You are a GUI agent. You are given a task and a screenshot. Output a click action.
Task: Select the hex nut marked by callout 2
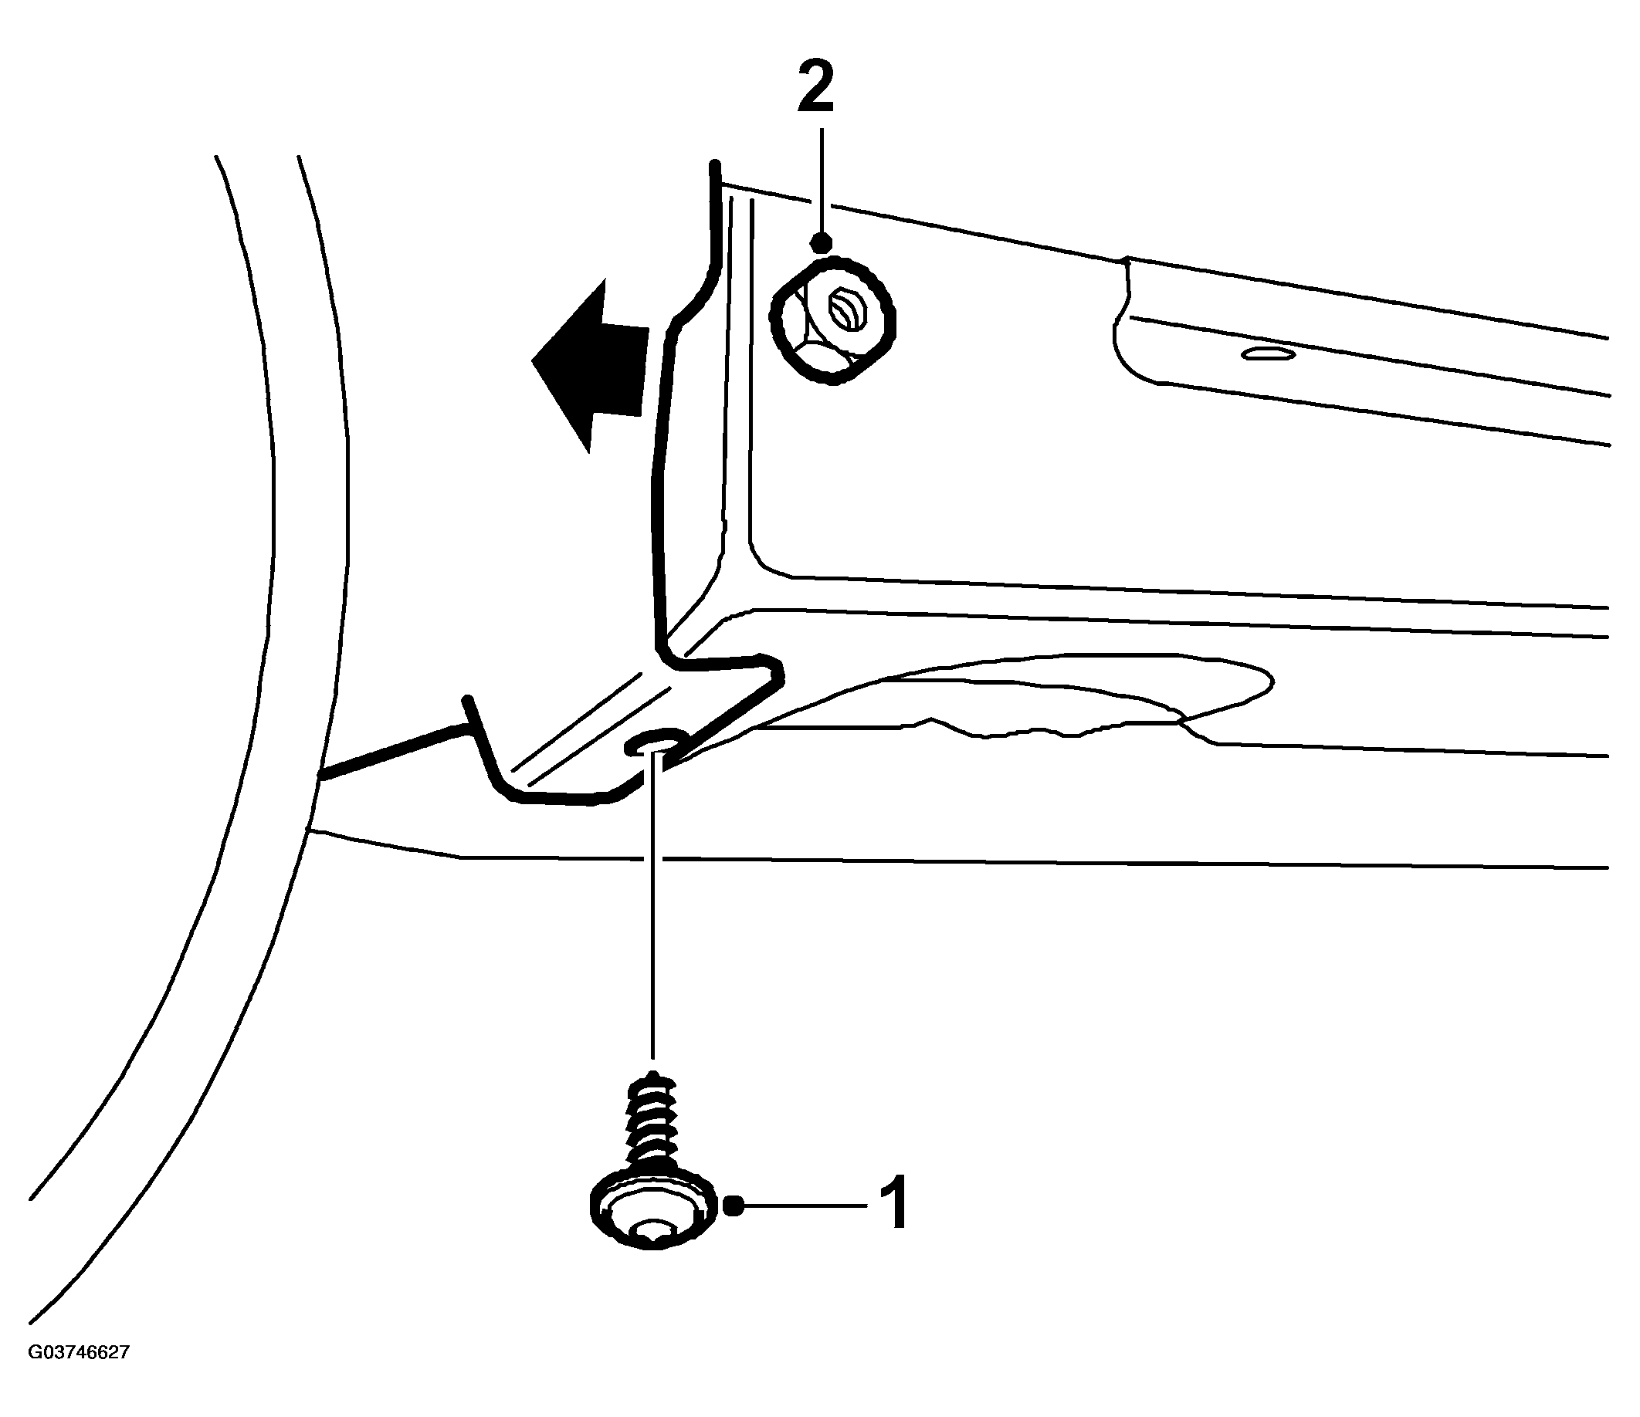point(833,320)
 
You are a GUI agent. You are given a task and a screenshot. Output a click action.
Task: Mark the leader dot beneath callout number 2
point(822,243)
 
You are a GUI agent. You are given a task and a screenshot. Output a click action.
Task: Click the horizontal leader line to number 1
point(801,1206)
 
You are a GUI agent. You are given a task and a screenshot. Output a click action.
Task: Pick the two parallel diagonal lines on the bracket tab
point(598,728)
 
